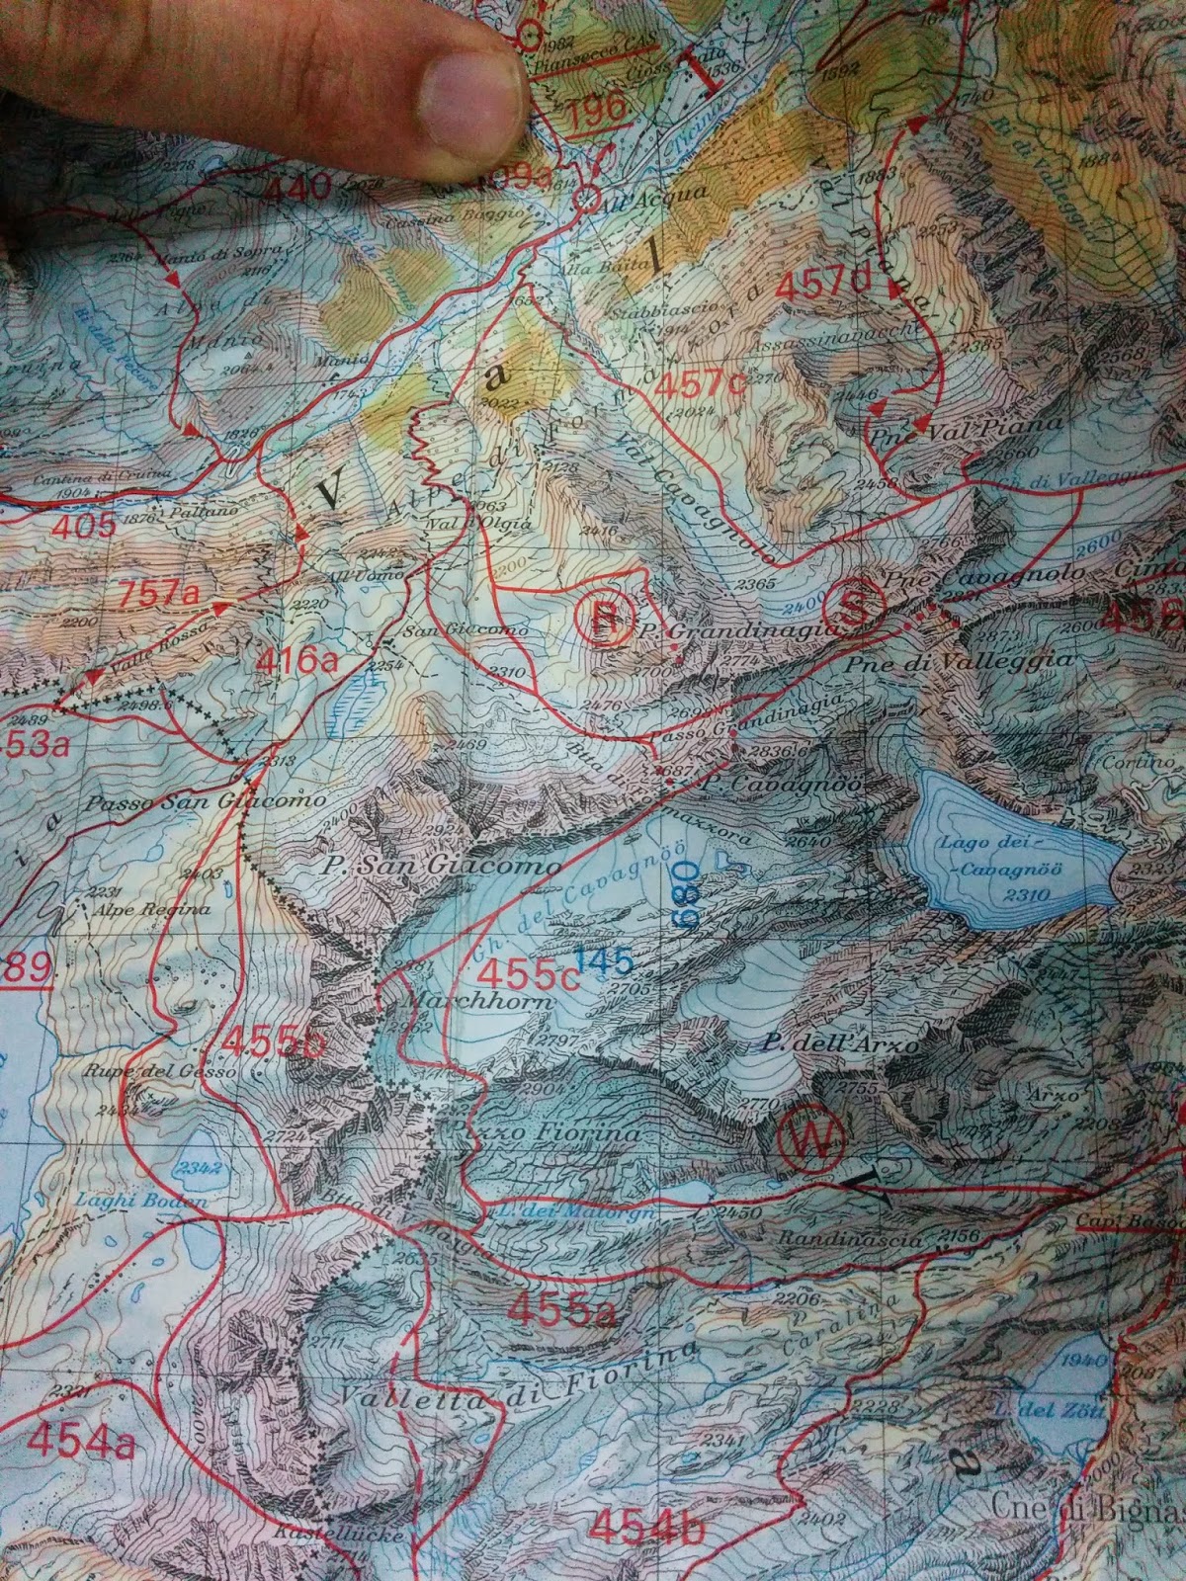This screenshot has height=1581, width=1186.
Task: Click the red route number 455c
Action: tap(528, 974)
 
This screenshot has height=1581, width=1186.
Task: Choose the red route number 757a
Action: tap(164, 595)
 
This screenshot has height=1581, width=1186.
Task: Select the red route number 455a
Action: tap(562, 1311)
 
